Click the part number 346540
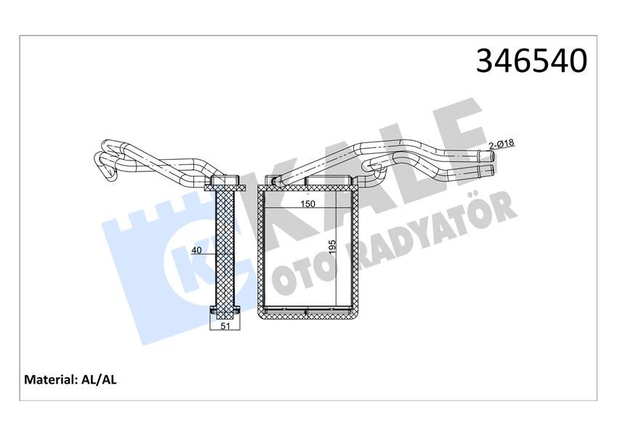pyautogui.click(x=531, y=61)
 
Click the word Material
pyautogui.click(x=50, y=379)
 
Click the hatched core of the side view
pyautogui.click(x=225, y=247)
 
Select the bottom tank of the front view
pyautogui.click(x=309, y=312)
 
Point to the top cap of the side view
pyautogui.click(x=225, y=181)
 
